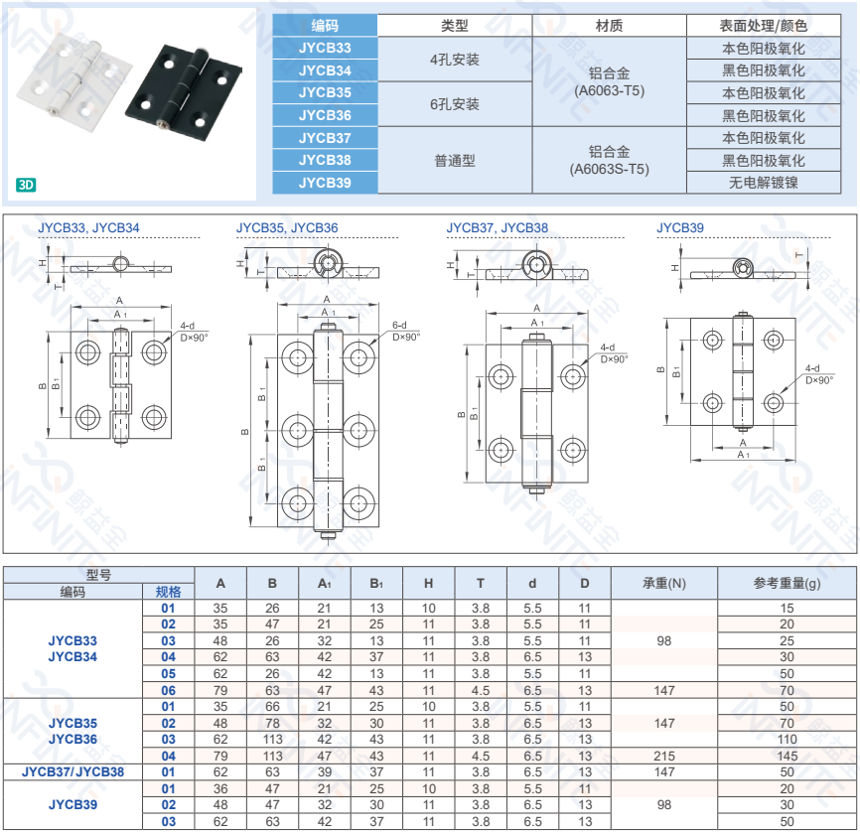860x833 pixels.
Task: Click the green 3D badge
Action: click(x=27, y=185)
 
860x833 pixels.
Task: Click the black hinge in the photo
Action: click(x=186, y=91)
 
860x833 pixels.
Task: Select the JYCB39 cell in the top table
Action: click(x=325, y=183)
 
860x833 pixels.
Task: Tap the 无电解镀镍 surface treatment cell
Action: click(x=764, y=183)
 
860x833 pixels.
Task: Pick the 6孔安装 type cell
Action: click(x=455, y=104)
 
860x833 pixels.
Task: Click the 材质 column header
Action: click(x=609, y=26)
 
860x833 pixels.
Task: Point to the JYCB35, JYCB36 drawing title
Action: click(x=287, y=228)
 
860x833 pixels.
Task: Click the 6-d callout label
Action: click(x=400, y=325)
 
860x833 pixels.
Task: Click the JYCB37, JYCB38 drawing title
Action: click(x=497, y=228)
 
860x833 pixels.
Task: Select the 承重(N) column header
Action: click(x=664, y=584)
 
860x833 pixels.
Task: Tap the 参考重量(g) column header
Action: click(x=787, y=584)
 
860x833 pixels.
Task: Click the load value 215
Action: click(x=664, y=756)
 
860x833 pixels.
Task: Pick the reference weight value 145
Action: click(x=787, y=756)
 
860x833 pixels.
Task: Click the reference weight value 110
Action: click(x=787, y=739)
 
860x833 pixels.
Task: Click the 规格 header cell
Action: click(x=168, y=592)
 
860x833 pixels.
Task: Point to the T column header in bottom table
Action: click(x=481, y=584)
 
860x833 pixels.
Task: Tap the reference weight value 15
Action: click(x=787, y=608)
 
